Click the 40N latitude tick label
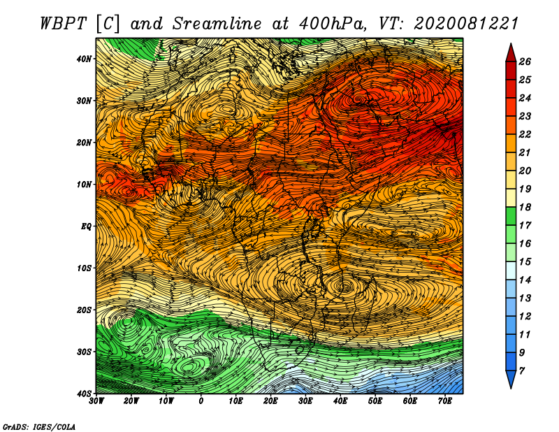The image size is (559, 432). click(x=84, y=59)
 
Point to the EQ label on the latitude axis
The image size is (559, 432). click(x=87, y=226)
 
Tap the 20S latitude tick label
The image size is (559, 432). click(x=84, y=310)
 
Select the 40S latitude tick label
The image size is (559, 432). click(x=84, y=394)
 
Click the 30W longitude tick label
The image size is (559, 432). click(x=96, y=401)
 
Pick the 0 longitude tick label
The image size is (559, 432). click(x=201, y=401)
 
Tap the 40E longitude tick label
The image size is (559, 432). click(x=340, y=401)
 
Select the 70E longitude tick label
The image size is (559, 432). click(x=445, y=401)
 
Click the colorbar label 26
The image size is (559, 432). click(x=525, y=62)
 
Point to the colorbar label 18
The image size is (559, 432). click(x=525, y=207)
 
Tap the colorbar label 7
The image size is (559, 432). click(x=521, y=371)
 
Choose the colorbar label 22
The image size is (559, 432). click(x=525, y=134)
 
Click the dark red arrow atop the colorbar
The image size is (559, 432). click(x=511, y=53)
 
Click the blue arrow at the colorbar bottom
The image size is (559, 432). click(x=511, y=380)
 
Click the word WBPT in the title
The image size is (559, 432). click(x=64, y=24)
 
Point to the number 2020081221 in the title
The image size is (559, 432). click(x=466, y=24)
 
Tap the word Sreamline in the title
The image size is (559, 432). click(x=217, y=24)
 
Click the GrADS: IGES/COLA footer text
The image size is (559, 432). click(x=39, y=426)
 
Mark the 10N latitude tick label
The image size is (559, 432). click(x=84, y=185)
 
